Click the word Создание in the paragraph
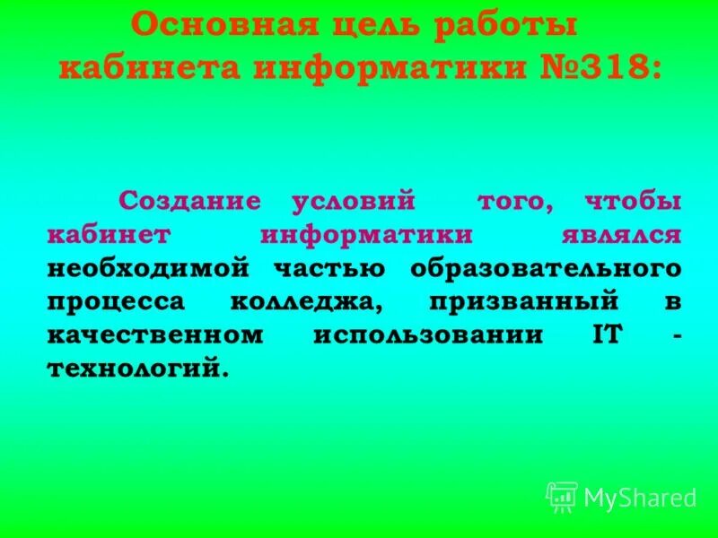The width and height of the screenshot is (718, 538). click(x=190, y=201)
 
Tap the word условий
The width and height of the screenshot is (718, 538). click(x=354, y=201)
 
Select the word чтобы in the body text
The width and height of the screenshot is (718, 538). click(x=632, y=201)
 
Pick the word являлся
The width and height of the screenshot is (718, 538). click(x=620, y=235)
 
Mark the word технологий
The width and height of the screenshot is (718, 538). click(x=134, y=369)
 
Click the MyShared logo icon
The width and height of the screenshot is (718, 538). click(x=562, y=496)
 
